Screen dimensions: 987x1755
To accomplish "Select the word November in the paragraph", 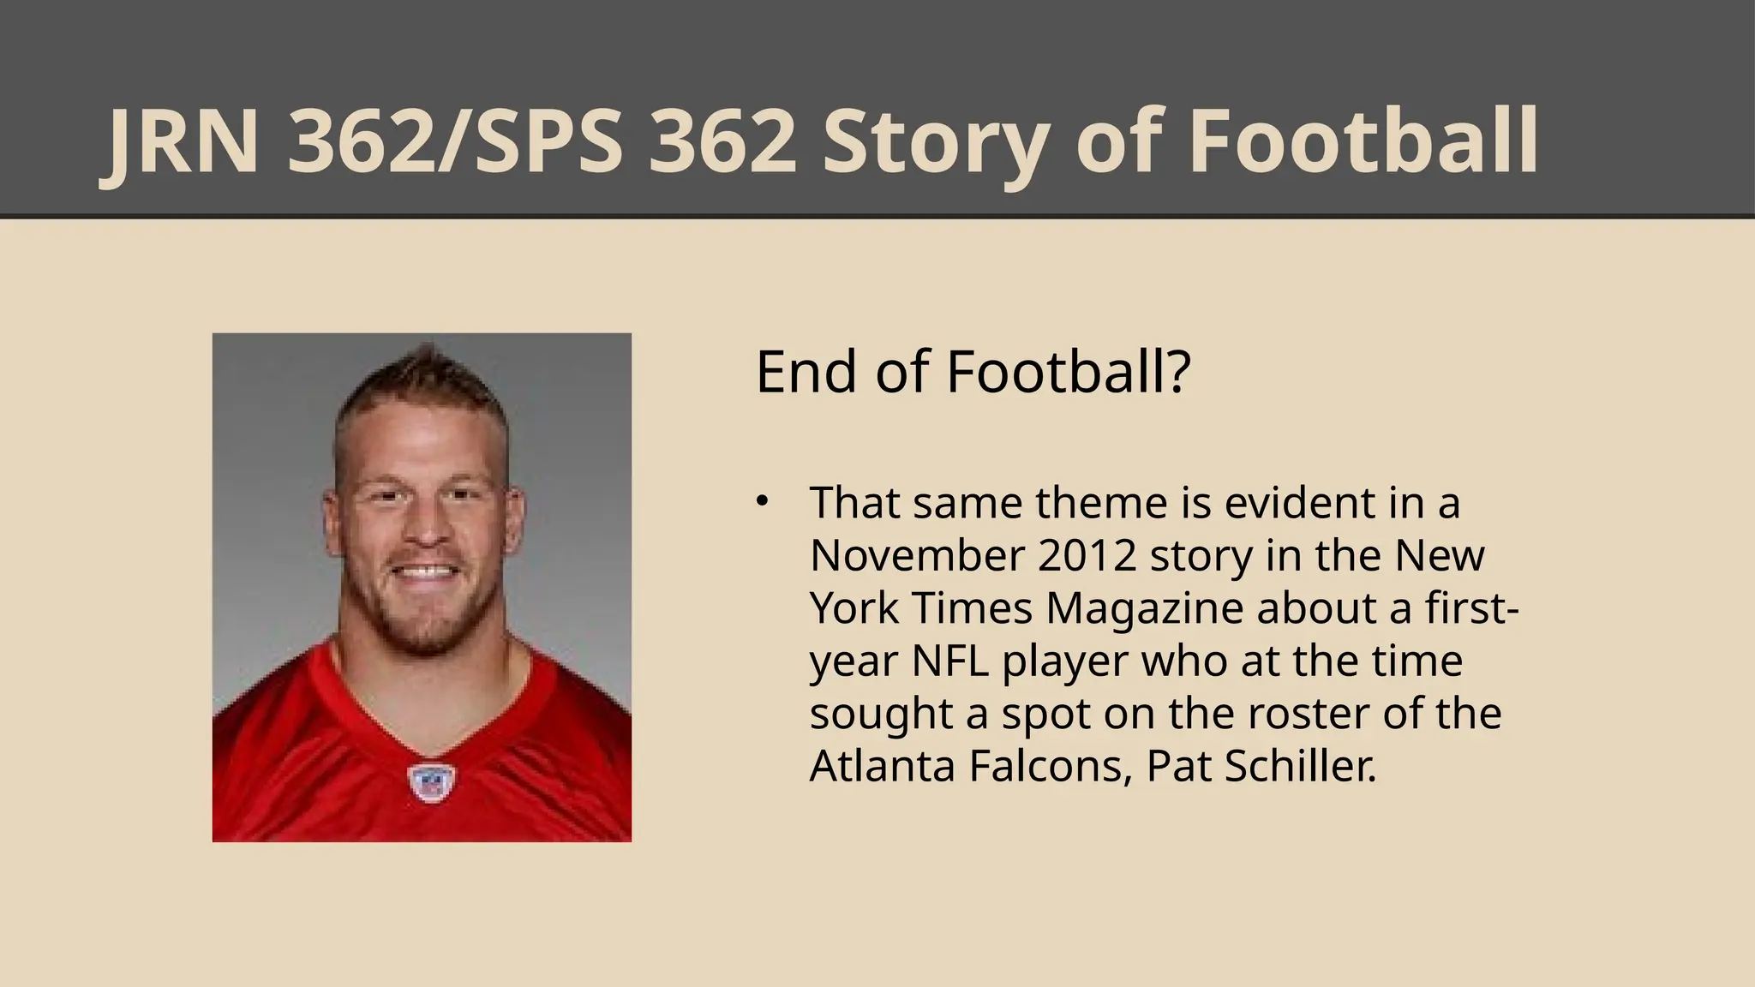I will click(x=917, y=555).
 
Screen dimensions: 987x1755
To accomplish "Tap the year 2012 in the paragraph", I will click(x=1087, y=555).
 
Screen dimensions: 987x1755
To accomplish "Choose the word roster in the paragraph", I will click(x=1308, y=714).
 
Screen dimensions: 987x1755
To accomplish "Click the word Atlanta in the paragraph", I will click(x=883, y=766).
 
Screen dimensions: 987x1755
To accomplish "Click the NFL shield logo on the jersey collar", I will click(x=431, y=782).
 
